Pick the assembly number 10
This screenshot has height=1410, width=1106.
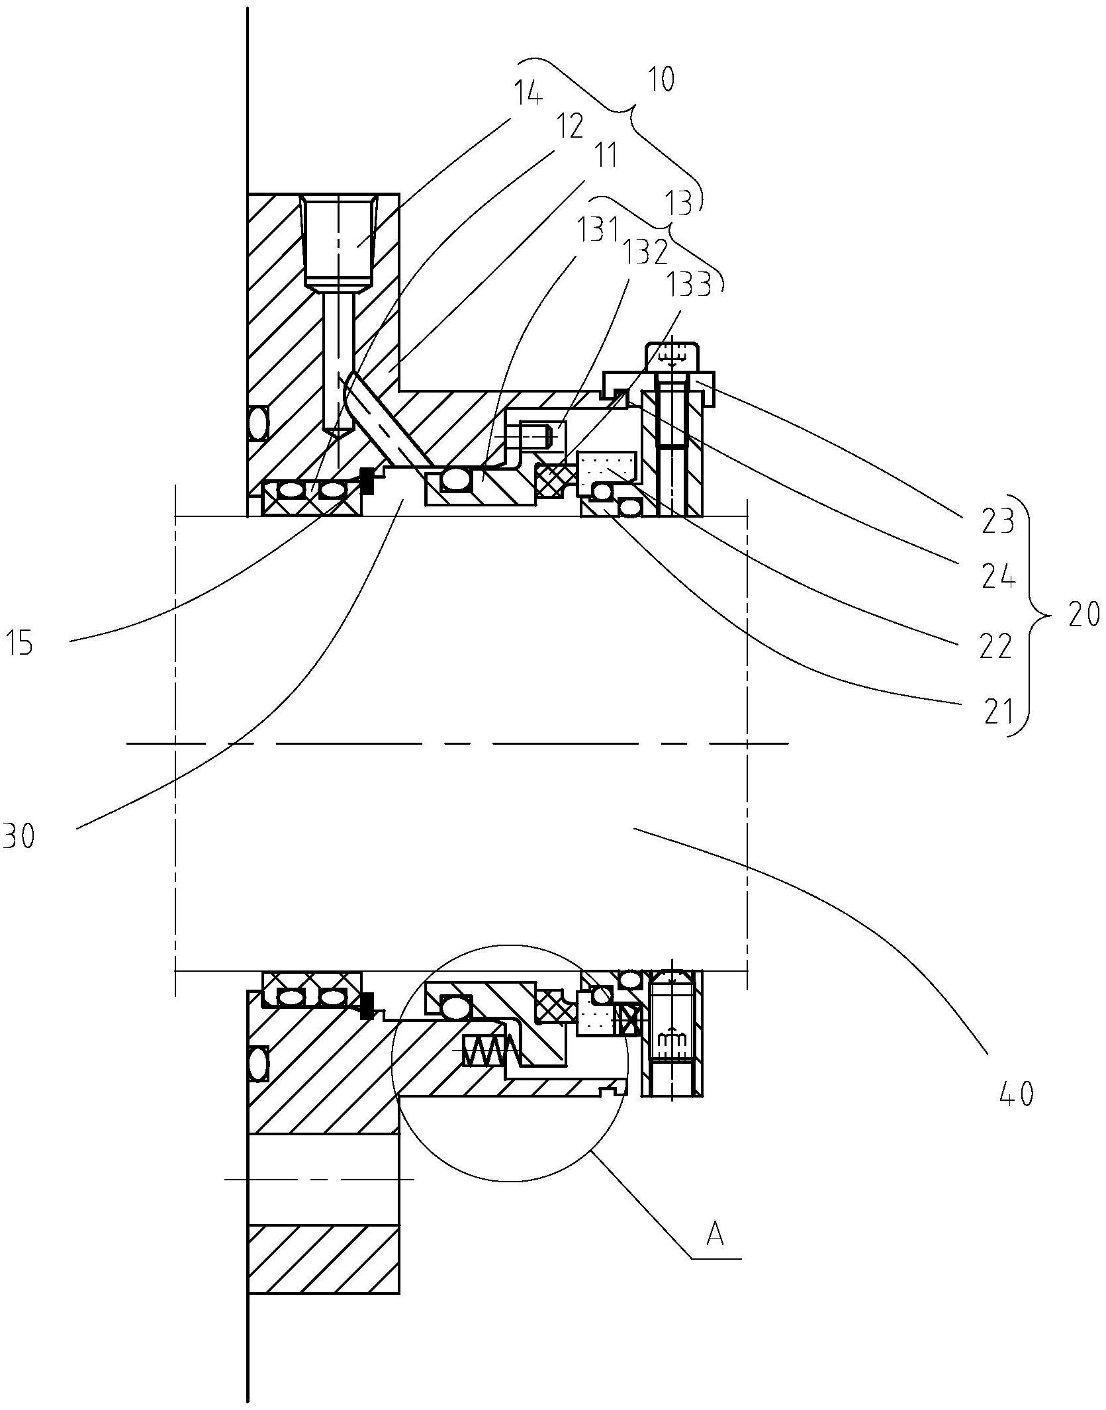(x=661, y=79)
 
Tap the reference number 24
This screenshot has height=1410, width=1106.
(x=997, y=577)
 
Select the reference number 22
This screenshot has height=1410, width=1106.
(x=996, y=645)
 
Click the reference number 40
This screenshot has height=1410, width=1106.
(x=1017, y=1094)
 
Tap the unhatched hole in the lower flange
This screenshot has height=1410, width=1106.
(x=323, y=1179)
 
